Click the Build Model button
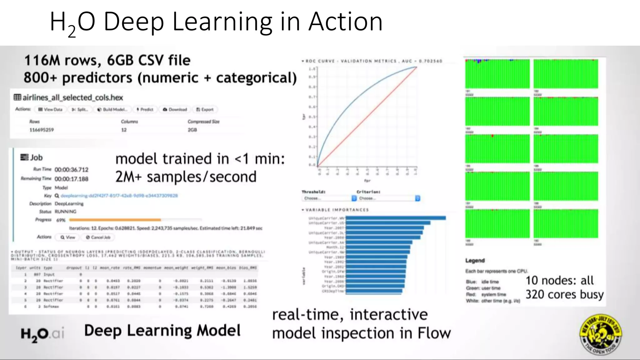point(112,109)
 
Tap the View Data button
point(50,109)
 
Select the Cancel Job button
point(98,237)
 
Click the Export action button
point(205,109)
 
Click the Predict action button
point(145,109)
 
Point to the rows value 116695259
point(42,130)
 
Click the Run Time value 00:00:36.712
point(72,170)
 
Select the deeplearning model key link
point(119,196)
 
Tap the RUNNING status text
point(66,212)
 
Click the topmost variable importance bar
point(396,218)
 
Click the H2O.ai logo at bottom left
point(42,334)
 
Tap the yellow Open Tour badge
point(601,334)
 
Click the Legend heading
point(475,260)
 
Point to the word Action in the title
point(345,22)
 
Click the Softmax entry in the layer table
point(51,307)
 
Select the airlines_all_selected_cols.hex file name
point(72,97)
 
